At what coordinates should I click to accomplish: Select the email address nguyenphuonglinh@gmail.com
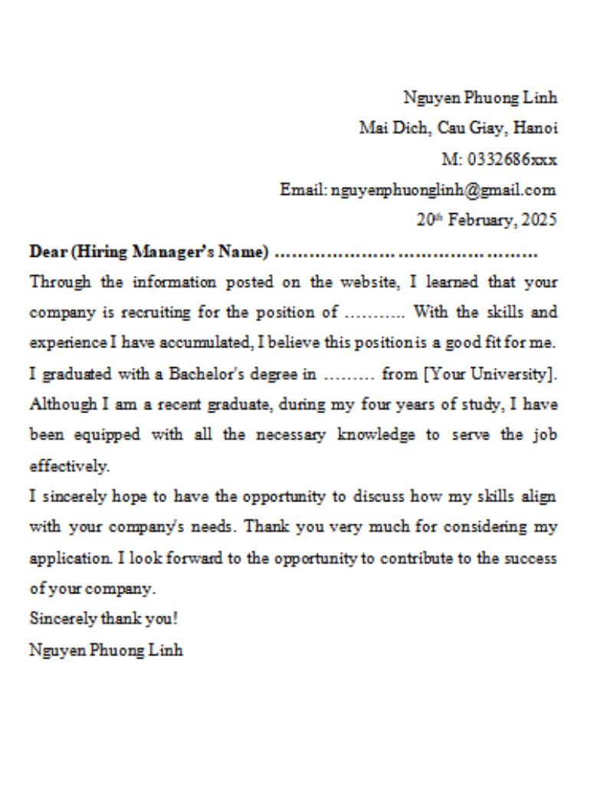(x=444, y=189)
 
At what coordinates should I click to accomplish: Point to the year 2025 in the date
(x=539, y=220)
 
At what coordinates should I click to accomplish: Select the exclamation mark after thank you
(x=175, y=619)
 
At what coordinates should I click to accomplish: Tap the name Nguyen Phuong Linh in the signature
(x=106, y=650)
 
